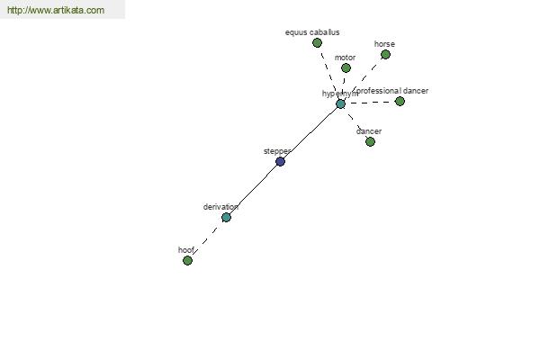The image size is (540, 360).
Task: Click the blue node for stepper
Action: point(280,161)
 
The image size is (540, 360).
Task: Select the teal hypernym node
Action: point(340,103)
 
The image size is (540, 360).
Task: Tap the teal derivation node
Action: point(226,217)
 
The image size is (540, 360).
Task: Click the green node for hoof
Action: point(187,260)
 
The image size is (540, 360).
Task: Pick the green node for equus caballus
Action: point(317,42)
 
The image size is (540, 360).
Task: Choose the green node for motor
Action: point(346,67)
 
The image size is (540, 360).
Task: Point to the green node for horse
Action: point(385,54)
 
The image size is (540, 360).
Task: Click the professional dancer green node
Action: point(400,101)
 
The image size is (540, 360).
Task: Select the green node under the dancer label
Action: point(370,141)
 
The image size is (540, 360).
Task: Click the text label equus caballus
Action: point(312,32)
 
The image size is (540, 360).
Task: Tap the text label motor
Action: point(345,58)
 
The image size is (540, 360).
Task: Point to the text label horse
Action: point(384,44)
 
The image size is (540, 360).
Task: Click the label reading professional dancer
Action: point(392,91)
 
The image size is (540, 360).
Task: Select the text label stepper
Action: point(277,151)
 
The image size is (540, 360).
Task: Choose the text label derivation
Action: point(220,207)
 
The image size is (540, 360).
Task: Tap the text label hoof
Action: point(186,250)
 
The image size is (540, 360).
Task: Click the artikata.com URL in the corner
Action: point(56,10)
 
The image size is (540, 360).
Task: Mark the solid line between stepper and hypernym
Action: point(310,132)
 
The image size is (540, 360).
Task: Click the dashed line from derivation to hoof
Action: point(207,238)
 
